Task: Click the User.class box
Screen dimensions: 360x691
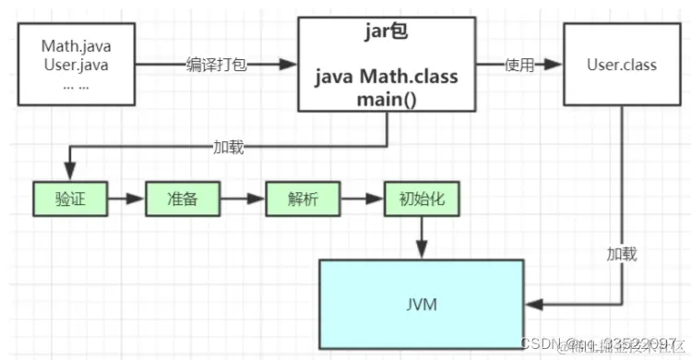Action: coord(621,65)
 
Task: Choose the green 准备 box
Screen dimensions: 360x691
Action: coord(181,198)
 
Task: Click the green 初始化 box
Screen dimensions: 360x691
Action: coord(421,198)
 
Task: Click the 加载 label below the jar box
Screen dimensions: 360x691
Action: coord(228,146)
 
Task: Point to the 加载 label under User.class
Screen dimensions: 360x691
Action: coord(621,252)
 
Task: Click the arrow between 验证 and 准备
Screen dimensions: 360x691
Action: coord(123,198)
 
